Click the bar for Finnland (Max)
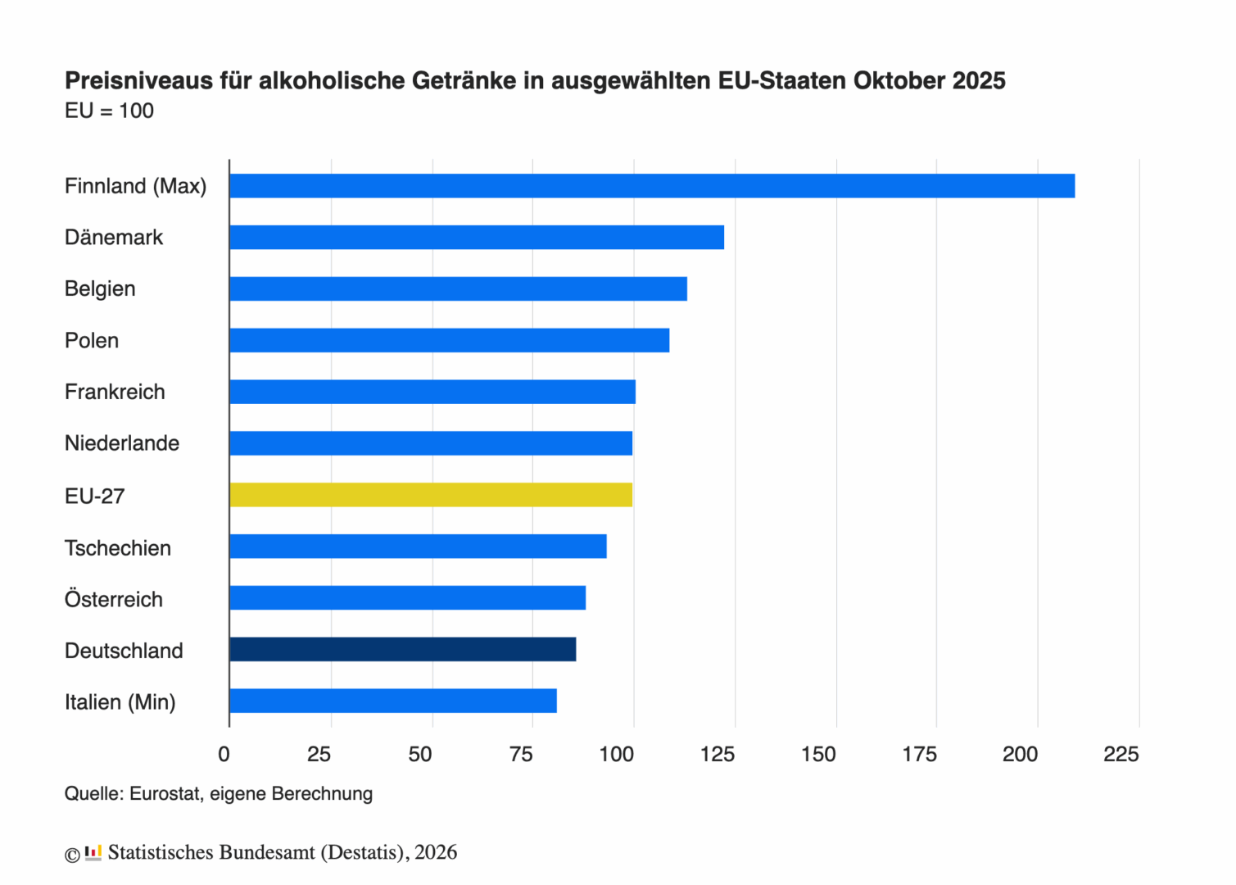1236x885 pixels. point(652,186)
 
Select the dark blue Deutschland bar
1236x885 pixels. point(403,650)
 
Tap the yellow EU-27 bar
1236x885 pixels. point(431,495)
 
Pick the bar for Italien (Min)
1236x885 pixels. point(393,701)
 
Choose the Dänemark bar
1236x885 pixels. point(477,238)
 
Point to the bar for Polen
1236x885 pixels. point(450,340)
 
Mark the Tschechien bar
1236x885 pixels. point(418,547)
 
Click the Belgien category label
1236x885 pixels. point(100,289)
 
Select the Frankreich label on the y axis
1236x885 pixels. point(115,392)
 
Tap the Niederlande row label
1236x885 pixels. point(122,443)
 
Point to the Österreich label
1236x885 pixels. point(114,600)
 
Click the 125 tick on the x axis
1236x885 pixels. point(718,755)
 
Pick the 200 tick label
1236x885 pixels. point(1020,755)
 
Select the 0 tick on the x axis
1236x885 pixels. point(224,755)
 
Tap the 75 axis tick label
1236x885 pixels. point(521,755)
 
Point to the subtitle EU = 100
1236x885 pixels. point(109,111)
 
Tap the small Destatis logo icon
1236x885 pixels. point(93,852)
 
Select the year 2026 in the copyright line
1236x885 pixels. point(436,852)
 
